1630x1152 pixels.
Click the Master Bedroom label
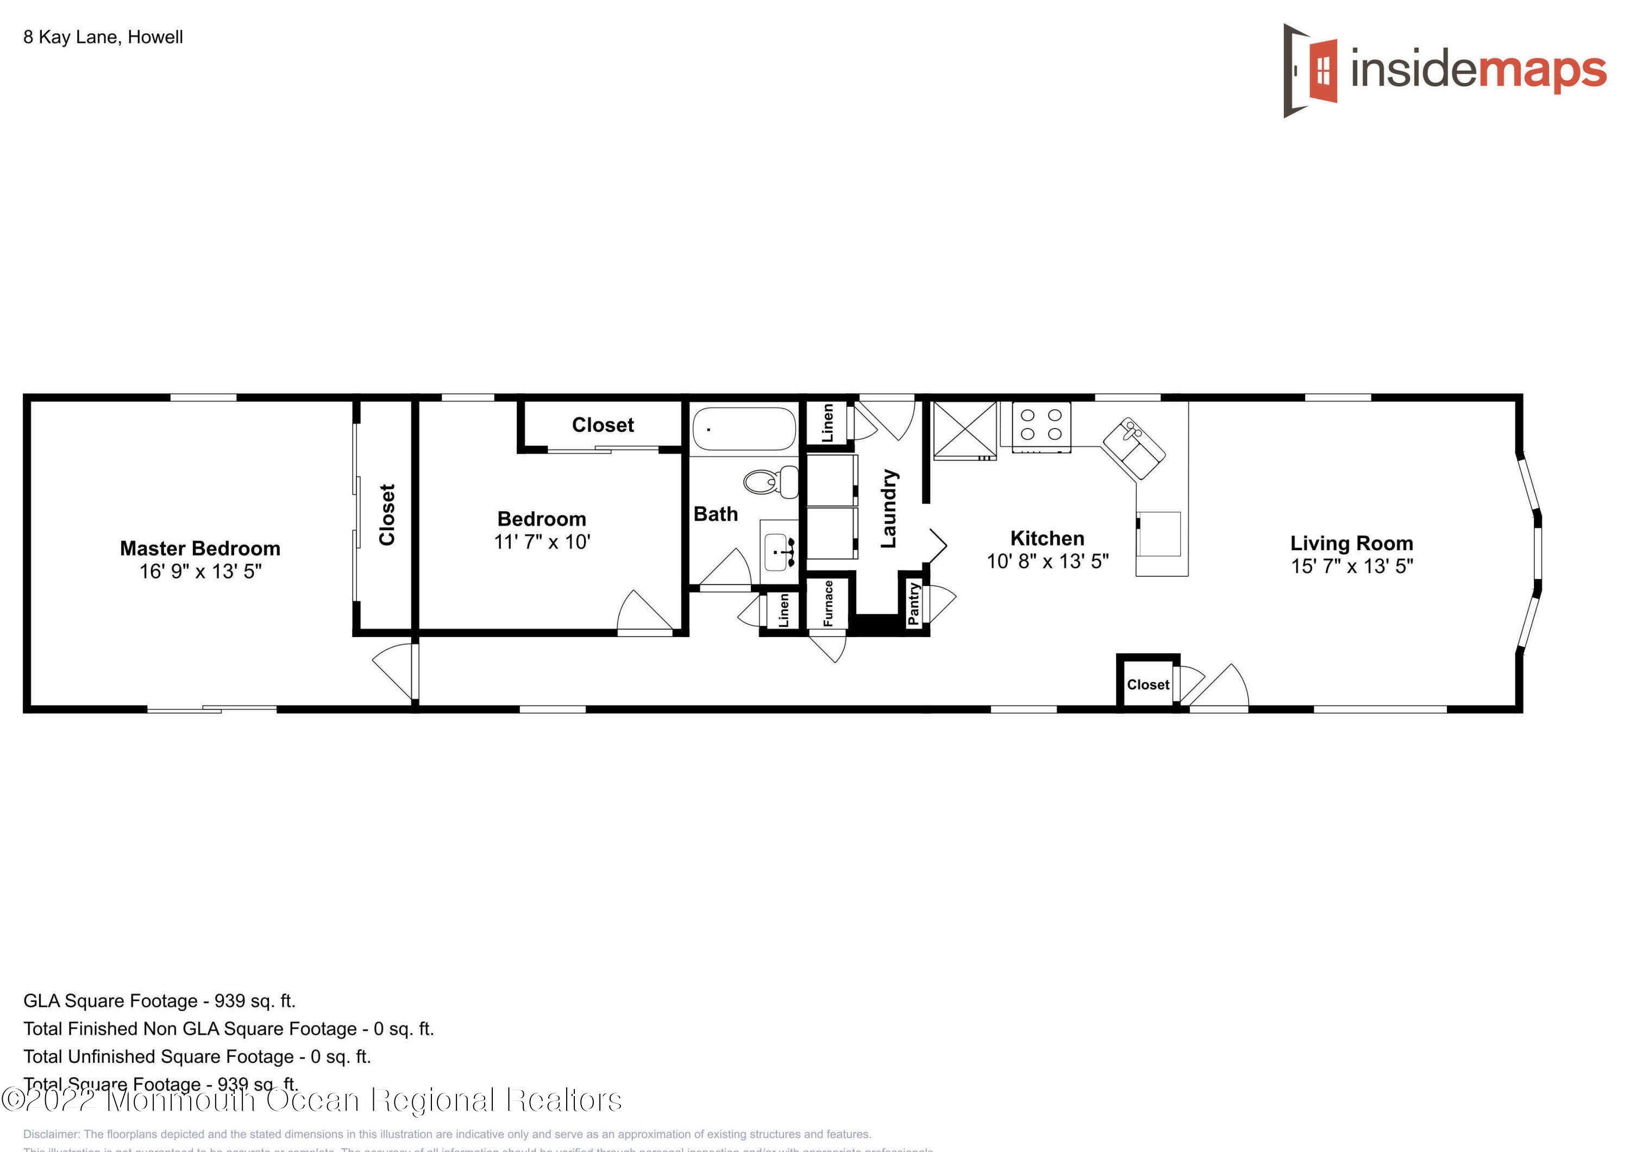[x=199, y=548]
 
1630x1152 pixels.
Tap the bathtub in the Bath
[x=743, y=429]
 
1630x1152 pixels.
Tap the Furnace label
[x=828, y=603]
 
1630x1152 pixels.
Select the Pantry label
[x=914, y=603]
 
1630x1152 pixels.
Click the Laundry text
[x=888, y=508]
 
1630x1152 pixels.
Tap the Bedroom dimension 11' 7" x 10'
[x=542, y=542]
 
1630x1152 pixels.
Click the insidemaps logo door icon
[x=1311, y=70]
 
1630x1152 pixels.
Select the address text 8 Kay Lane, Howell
[x=103, y=37]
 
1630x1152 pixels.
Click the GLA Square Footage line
[x=159, y=1001]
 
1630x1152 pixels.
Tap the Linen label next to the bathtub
[x=827, y=423]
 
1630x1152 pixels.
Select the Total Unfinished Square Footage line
[x=197, y=1057]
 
